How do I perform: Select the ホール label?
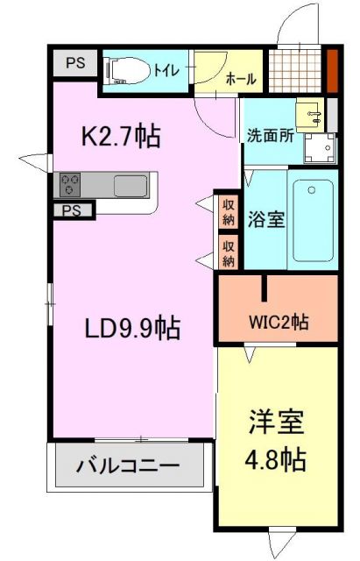(241, 79)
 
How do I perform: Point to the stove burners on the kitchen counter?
(70, 185)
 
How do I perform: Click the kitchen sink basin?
(131, 185)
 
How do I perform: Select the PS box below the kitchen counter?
(72, 210)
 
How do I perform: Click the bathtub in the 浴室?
(313, 220)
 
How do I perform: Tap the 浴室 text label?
(265, 219)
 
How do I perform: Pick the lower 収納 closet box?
(229, 252)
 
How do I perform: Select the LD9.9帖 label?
(131, 329)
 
